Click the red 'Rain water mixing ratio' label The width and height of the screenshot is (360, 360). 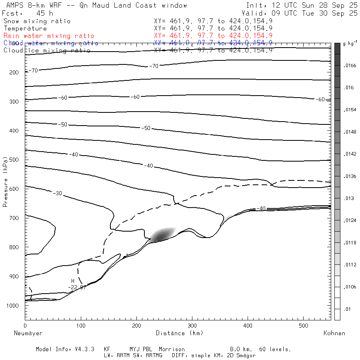point(49,36)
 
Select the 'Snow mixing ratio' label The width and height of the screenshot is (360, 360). point(37,21)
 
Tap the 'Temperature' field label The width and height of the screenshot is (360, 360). point(25,28)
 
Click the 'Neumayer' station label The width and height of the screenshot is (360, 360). point(28,333)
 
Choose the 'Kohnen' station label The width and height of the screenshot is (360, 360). point(334,333)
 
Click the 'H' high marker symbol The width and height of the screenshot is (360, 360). point(73,281)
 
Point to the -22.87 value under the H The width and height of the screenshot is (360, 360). point(77,287)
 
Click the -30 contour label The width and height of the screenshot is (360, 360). point(58,194)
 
